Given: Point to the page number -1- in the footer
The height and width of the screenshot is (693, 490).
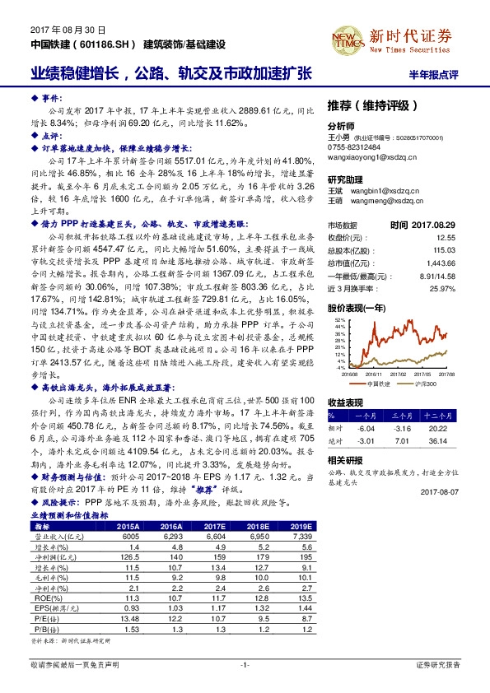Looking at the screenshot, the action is tap(244, 663).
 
